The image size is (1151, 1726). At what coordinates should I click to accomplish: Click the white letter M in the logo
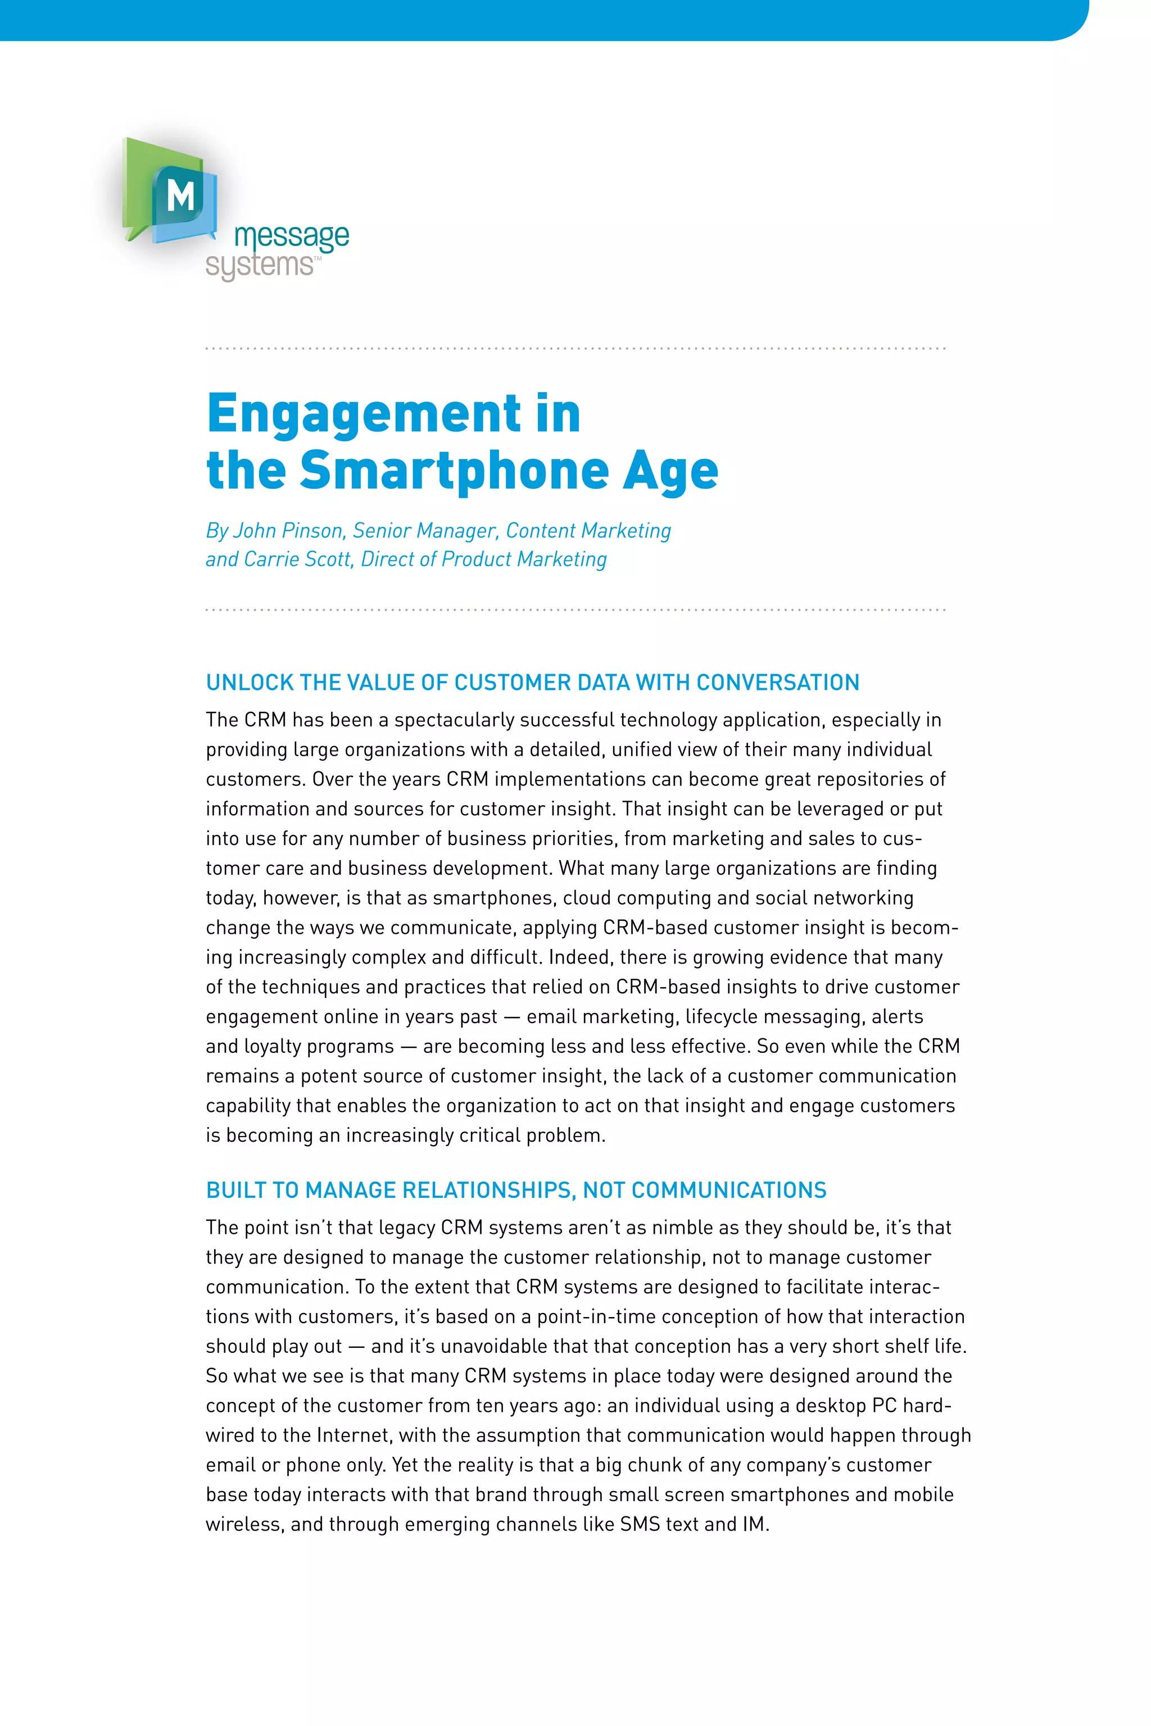[x=180, y=196]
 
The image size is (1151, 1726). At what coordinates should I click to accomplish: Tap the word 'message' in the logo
[x=292, y=237]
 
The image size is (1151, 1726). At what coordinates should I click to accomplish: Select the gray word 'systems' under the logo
[x=259, y=265]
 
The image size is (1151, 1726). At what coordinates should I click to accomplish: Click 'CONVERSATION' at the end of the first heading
[x=777, y=683]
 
